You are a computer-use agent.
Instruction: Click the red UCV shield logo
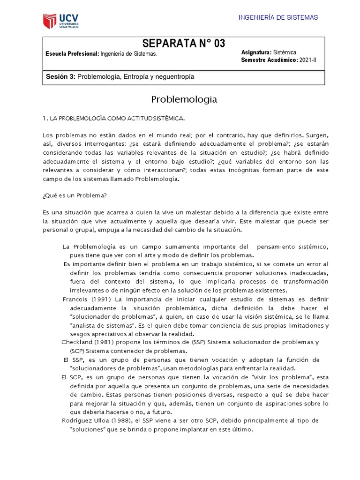[49, 21]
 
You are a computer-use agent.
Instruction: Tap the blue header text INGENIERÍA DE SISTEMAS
[278, 17]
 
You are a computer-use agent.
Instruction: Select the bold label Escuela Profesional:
[72, 54]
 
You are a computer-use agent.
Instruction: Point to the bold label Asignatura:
[255, 52]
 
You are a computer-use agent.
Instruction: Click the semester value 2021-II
[308, 60]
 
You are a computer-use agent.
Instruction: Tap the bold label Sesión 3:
[60, 76]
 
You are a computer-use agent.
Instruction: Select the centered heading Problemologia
[184, 99]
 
